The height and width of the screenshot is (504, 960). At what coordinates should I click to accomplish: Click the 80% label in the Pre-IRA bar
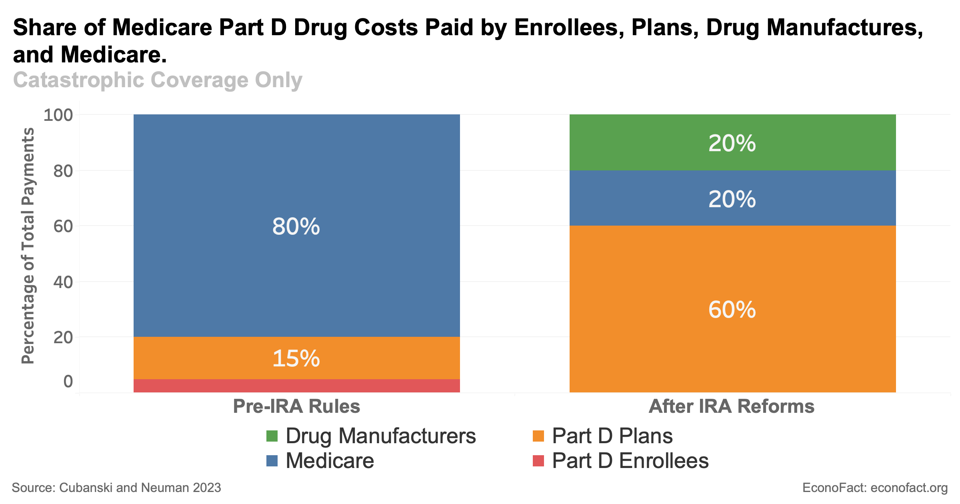point(296,227)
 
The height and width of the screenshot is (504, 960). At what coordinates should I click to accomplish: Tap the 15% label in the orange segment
point(296,358)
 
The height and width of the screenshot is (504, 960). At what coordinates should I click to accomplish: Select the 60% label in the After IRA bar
point(732,310)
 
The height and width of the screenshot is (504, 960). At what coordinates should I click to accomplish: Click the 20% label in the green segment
point(732,143)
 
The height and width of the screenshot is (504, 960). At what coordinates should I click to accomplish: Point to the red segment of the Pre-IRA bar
point(296,386)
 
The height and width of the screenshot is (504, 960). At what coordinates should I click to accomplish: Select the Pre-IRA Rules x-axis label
point(296,406)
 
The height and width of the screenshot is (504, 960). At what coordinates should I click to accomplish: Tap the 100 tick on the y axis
point(58,115)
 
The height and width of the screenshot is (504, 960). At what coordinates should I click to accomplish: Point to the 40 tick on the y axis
point(63,282)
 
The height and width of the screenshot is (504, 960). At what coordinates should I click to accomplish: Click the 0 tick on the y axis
point(68,382)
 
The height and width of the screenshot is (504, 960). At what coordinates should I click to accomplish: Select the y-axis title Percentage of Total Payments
point(28,246)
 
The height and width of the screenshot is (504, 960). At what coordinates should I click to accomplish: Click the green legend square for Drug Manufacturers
point(272,436)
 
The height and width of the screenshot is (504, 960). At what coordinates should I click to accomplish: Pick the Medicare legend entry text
point(330,461)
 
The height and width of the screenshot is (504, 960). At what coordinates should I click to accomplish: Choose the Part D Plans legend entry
point(612,436)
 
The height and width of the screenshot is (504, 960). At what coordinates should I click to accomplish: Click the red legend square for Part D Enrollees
point(538,461)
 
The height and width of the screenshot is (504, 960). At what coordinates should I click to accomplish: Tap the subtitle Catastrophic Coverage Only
point(158,80)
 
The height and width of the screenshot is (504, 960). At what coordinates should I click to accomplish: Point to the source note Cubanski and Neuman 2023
point(140,488)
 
